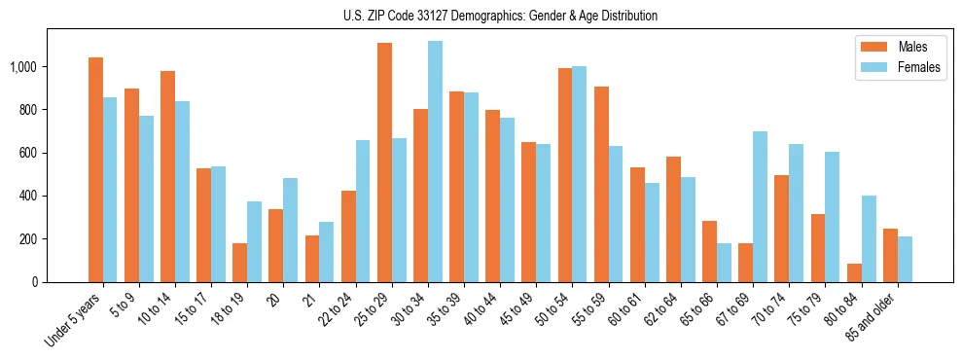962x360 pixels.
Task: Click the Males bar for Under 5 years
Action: coord(95,170)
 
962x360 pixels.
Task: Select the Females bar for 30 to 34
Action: coord(435,162)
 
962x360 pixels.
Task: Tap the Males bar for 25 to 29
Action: coord(384,162)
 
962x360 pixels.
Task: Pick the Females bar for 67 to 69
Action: coord(760,206)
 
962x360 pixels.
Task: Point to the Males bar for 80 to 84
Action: coord(854,272)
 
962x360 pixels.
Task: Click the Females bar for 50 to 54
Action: coord(580,174)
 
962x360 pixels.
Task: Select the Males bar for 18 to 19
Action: coord(239,263)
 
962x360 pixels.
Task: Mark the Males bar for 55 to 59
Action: coord(601,184)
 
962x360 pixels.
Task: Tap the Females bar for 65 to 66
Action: coord(724,263)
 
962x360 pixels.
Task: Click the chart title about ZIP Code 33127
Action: coord(500,16)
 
